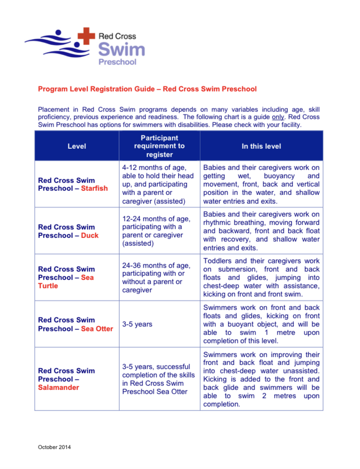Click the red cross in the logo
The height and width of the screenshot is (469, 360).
(x=86, y=35)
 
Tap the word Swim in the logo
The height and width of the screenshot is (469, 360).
(x=122, y=49)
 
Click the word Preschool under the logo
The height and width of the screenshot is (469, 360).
(x=117, y=61)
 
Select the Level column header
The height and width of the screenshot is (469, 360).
(x=77, y=146)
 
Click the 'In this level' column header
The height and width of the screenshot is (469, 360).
(x=261, y=146)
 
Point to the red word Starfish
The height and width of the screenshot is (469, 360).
(x=94, y=189)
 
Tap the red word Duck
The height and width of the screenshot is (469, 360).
(x=90, y=235)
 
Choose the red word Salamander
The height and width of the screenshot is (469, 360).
(x=59, y=387)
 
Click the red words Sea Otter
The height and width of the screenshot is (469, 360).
(x=97, y=329)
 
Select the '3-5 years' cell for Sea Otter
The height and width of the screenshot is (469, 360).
(x=137, y=324)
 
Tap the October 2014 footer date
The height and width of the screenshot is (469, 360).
(x=55, y=447)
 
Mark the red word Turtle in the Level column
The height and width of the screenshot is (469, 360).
(x=48, y=286)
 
